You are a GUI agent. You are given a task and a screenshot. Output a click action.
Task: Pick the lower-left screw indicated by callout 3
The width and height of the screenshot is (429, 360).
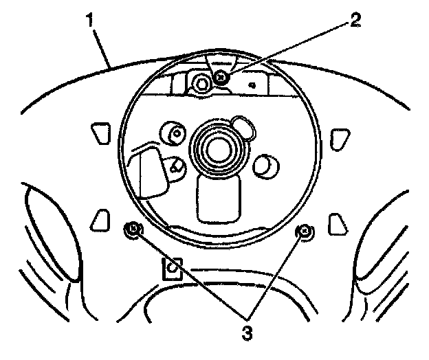[133, 229]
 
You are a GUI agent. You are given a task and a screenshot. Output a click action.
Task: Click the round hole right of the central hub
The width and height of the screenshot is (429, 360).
[265, 164]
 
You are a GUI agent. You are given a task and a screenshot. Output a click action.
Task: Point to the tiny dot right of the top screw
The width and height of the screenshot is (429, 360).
[252, 86]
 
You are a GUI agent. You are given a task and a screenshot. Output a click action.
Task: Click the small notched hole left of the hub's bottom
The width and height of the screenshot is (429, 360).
[177, 165]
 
